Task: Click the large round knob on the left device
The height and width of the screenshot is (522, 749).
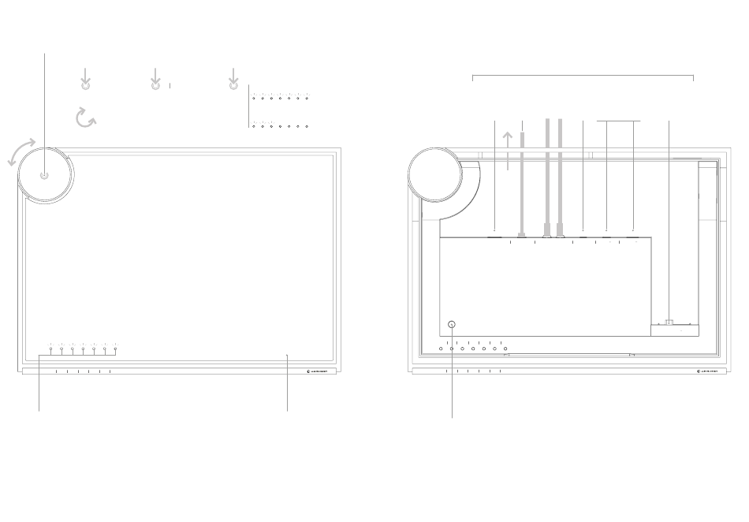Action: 44,175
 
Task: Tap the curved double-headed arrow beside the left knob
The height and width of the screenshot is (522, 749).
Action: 21,151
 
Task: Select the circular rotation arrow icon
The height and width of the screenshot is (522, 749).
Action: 85,118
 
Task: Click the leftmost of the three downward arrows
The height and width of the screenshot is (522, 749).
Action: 86,79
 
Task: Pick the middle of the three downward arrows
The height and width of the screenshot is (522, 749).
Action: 155,79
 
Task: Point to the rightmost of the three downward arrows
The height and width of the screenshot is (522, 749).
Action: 233,79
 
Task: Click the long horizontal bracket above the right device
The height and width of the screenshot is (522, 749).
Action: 582,76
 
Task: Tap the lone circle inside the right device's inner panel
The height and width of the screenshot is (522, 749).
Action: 453,324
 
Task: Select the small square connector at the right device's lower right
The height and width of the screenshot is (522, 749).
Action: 669,322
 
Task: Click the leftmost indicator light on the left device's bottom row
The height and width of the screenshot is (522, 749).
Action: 50,349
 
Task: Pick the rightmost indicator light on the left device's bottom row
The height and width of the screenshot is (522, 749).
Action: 115,349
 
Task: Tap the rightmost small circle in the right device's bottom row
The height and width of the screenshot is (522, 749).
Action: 505,349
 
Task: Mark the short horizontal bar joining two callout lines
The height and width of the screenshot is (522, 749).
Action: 619,121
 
